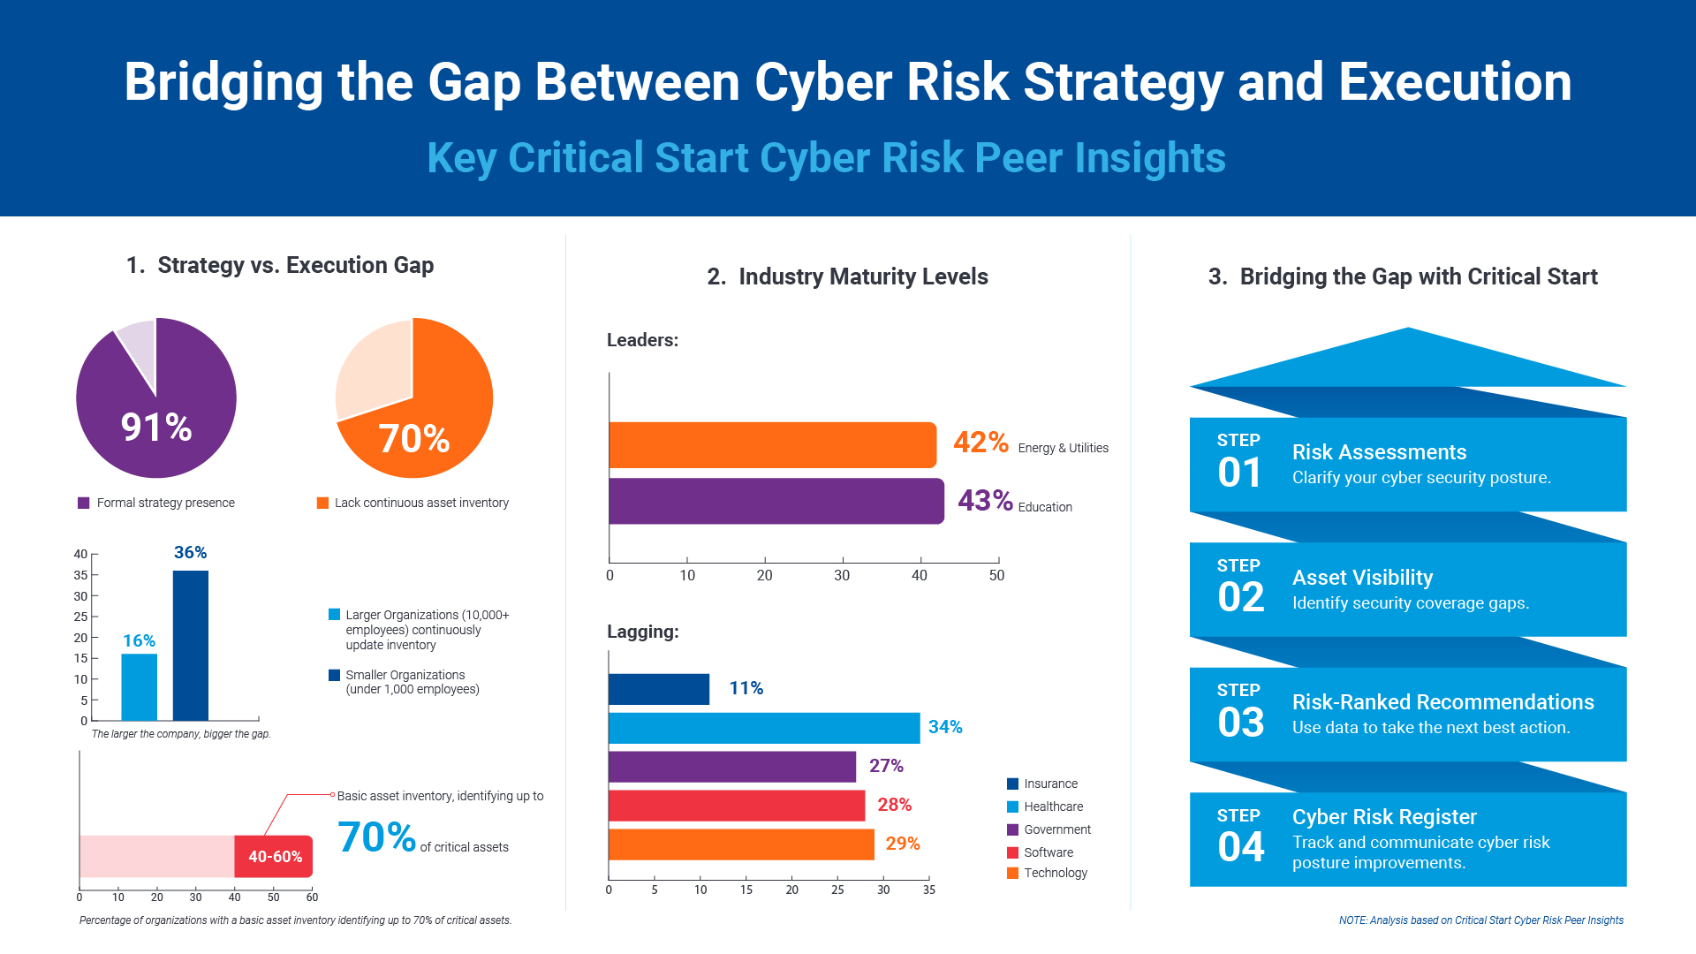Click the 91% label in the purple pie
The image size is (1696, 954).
[x=156, y=428]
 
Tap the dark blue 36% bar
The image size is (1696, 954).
[x=191, y=645]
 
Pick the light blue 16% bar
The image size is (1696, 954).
[x=139, y=686]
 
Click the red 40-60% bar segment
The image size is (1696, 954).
[x=274, y=856]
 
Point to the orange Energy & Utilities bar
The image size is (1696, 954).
[x=772, y=445]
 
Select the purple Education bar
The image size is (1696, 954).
[x=776, y=502]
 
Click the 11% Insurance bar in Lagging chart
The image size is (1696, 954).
[x=659, y=689]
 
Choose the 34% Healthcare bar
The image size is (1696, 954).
[x=764, y=728]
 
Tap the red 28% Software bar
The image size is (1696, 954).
[x=737, y=806]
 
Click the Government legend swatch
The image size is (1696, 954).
[x=1013, y=830]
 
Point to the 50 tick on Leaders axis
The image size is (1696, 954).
[x=997, y=575]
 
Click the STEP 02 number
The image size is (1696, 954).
[x=1240, y=597]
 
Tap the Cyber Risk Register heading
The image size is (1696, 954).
[x=1384, y=817]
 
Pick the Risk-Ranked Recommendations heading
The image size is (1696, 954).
[x=1442, y=702]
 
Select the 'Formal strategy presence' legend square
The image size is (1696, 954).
[x=84, y=503]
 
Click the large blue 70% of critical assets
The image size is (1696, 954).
[x=376, y=837]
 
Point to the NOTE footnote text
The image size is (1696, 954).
[x=1480, y=920]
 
